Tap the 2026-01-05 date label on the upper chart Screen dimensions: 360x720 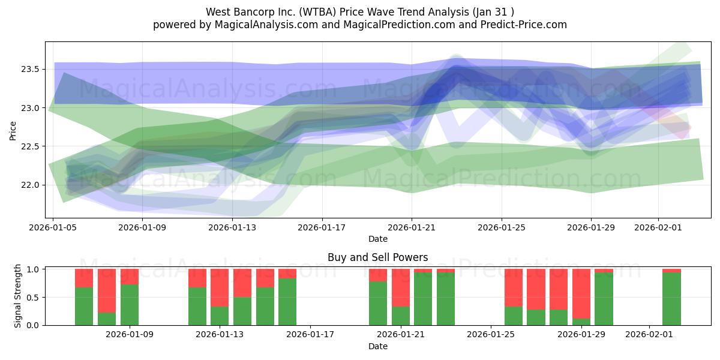53,228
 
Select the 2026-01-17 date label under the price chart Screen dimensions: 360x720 322,228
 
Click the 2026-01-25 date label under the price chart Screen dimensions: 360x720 502,228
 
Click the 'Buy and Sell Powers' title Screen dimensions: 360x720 378,257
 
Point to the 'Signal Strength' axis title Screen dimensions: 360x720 18,296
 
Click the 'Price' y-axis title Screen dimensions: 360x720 13,130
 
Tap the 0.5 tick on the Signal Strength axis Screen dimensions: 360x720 33,298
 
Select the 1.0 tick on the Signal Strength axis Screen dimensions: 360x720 33,269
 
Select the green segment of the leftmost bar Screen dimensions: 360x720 84,306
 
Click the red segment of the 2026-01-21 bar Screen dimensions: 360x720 401,287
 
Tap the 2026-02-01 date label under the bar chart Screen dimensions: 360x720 650,334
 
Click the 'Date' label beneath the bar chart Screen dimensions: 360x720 378,346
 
